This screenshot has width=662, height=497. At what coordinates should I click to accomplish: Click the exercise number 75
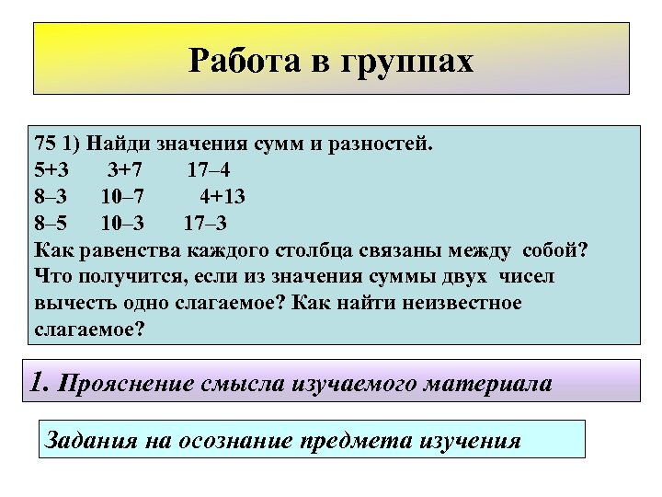tap(45, 144)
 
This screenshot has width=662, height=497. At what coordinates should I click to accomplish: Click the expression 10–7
tap(120, 197)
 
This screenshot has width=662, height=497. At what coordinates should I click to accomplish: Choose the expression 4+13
tap(223, 197)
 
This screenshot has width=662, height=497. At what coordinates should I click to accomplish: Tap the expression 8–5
tap(51, 224)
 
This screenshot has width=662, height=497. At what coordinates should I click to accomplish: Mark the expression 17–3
tap(205, 224)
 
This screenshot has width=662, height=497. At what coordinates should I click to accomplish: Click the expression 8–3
tap(51, 197)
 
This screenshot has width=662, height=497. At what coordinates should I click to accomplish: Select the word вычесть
tap(71, 303)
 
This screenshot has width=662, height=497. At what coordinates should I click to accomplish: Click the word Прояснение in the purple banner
tap(125, 384)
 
